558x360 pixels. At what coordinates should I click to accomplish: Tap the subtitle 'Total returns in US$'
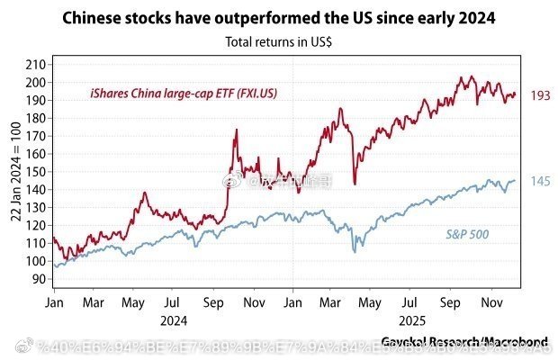pyautogui.click(x=278, y=40)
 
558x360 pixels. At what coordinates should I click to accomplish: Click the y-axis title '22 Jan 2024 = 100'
pyautogui.click(x=15, y=171)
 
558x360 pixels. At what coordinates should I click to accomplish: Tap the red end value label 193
pyautogui.click(x=540, y=95)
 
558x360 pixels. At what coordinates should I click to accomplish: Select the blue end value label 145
pyautogui.click(x=540, y=182)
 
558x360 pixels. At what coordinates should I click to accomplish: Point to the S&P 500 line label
pyautogui.click(x=467, y=235)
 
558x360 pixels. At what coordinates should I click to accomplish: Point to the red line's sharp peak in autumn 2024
pyautogui.click(x=236, y=130)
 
